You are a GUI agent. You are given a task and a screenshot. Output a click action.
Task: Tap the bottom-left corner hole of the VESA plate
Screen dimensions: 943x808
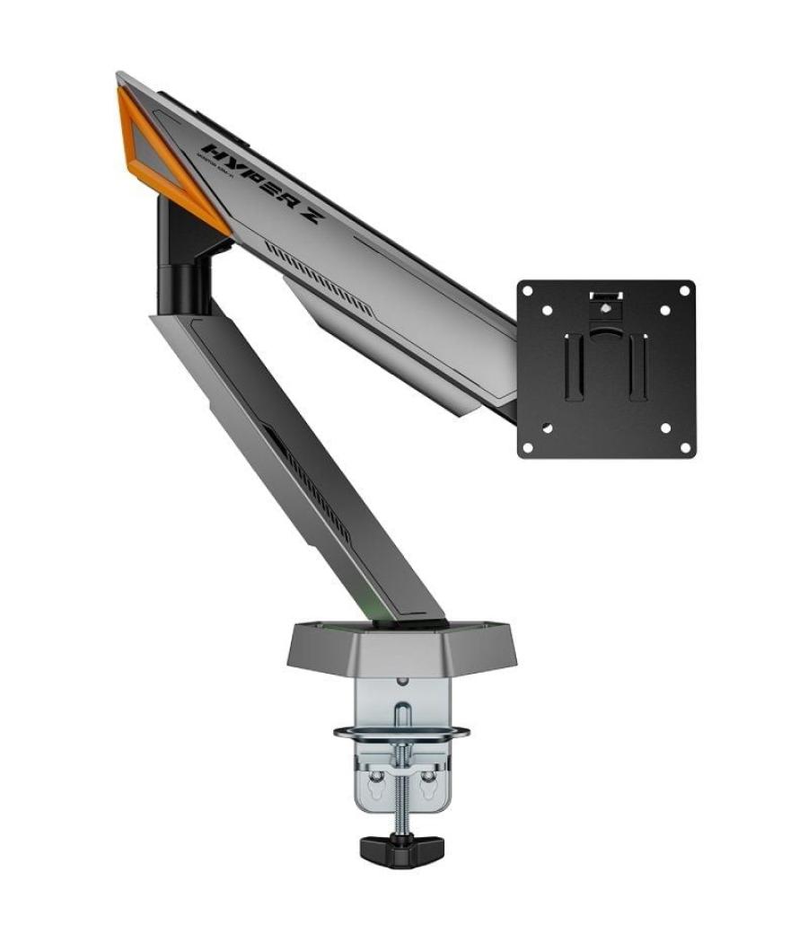pyautogui.click(x=528, y=446)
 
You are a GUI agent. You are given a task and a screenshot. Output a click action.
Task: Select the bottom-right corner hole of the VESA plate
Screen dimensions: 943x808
pyautogui.click(x=684, y=446)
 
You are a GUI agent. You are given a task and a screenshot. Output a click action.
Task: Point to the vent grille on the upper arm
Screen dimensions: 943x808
pyautogui.click(x=320, y=278)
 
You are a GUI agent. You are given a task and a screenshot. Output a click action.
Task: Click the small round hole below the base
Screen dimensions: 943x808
pyautogui.click(x=402, y=683)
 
